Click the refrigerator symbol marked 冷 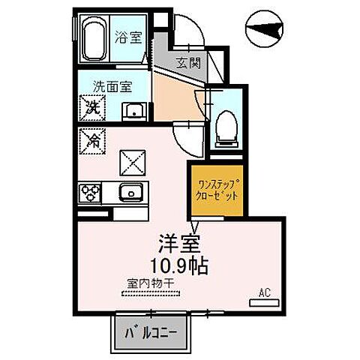pos(91,140)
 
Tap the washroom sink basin pos(135,112)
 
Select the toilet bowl pos(223,130)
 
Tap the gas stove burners pos(91,193)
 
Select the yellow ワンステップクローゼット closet pos(215,189)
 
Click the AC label pos(263,292)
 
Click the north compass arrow pos(268,28)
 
